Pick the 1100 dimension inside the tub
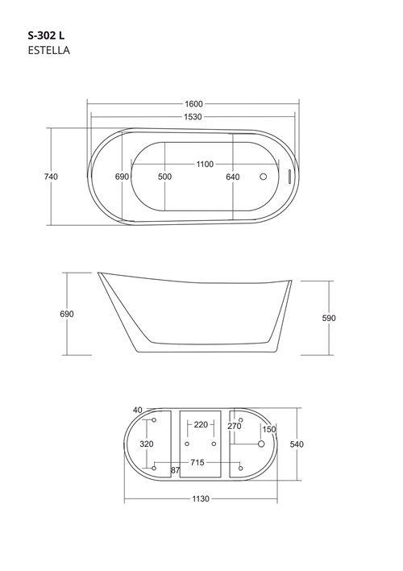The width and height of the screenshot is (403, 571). [x=205, y=165]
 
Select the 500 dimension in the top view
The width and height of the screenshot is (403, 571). [x=164, y=177]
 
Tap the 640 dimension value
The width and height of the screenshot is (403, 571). [x=233, y=177]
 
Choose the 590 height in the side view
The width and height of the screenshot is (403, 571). [x=329, y=318]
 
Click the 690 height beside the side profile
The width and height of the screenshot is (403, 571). [x=67, y=314]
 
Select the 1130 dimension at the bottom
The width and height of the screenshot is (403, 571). [x=201, y=499]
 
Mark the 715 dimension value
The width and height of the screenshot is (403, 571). [x=197, y=462]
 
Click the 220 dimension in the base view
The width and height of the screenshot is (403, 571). [x=201, y=424]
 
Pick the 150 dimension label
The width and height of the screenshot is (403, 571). [x=269, y=429]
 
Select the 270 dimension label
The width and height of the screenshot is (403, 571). [x=235, y=426]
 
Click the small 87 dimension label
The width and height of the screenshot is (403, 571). [x=175, y=469]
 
